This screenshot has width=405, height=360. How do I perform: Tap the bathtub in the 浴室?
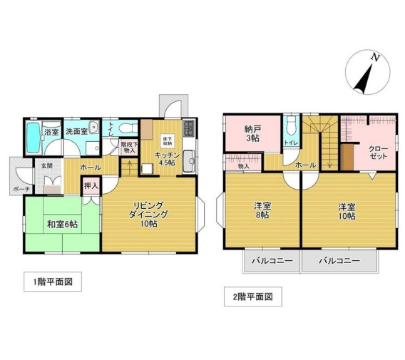[33, 136]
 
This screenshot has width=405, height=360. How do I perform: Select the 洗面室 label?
[76, 132]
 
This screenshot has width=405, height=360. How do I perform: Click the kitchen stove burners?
[188, 129]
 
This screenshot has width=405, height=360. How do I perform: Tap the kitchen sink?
[188, 162]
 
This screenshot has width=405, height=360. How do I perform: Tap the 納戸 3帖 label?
[252, 133]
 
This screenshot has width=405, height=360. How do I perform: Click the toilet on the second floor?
[290, 130]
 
